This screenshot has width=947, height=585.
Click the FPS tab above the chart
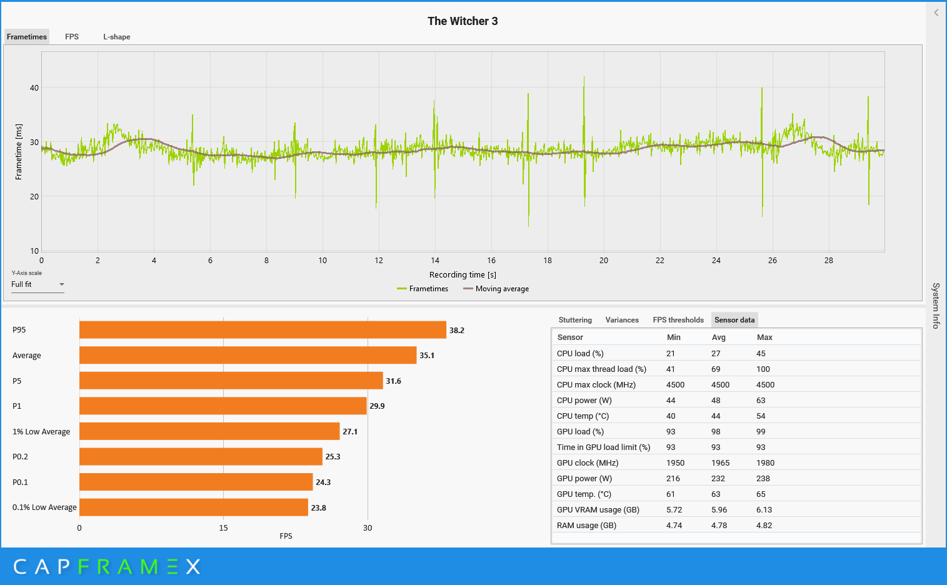pos(72,37)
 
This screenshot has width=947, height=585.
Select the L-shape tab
pos(117,37)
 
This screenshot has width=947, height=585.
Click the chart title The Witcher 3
pos(463,21)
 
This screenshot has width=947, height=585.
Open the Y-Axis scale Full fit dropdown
pos(38,284)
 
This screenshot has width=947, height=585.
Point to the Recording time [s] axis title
pos(463,275)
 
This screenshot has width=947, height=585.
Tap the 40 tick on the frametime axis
pos(34,88)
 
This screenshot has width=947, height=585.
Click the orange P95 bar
pos(263,330)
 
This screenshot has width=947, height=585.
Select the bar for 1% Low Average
pos(209,431)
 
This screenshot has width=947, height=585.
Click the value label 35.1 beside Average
pos(427,356)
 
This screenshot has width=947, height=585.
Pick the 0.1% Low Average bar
pos(194,507)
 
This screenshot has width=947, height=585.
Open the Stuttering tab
pos(575,320)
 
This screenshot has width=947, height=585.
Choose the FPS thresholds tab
pos(678,320)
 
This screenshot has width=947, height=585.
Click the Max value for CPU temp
pos(761,416)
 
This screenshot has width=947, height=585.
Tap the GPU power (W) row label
pos(584,479)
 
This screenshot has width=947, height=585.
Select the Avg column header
pos(719,337)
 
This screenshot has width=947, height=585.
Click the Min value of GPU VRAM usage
pos(674,510)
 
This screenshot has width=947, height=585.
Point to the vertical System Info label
pos(936,306)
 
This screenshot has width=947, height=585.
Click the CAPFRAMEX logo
pos(107,567)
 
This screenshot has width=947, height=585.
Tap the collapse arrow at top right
pos(936,12)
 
